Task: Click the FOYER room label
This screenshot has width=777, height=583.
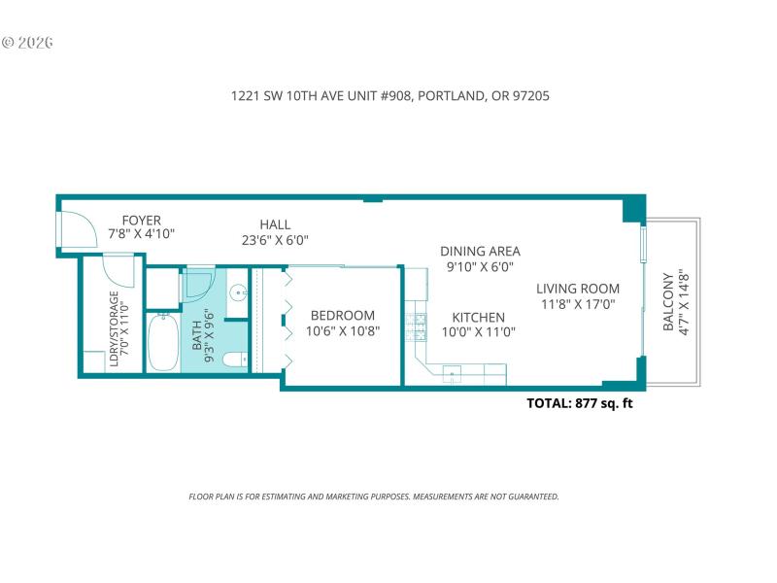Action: click(141, 221)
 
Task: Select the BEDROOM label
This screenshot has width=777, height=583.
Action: click(342, 315)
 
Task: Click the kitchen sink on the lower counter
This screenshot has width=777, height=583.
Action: click(454, 374)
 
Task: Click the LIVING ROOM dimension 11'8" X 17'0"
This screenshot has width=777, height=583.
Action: click(578, 305)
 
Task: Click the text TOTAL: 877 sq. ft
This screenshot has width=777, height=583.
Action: click(579, 403)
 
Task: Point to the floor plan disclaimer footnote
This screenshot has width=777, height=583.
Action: click(373, 497)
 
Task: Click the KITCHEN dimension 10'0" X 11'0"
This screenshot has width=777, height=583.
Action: click(479, 331)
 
